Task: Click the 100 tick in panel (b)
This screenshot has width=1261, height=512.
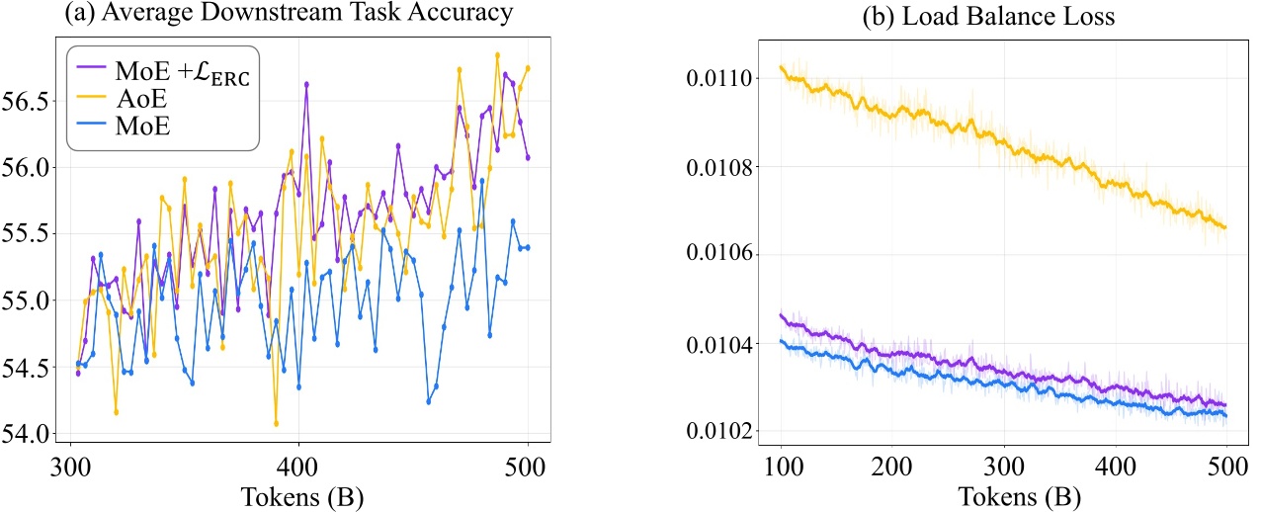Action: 781,465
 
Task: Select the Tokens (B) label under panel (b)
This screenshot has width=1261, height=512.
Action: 1002,495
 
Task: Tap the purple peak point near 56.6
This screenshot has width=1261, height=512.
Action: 306,84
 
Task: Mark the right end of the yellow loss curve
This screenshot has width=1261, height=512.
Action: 1225,227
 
